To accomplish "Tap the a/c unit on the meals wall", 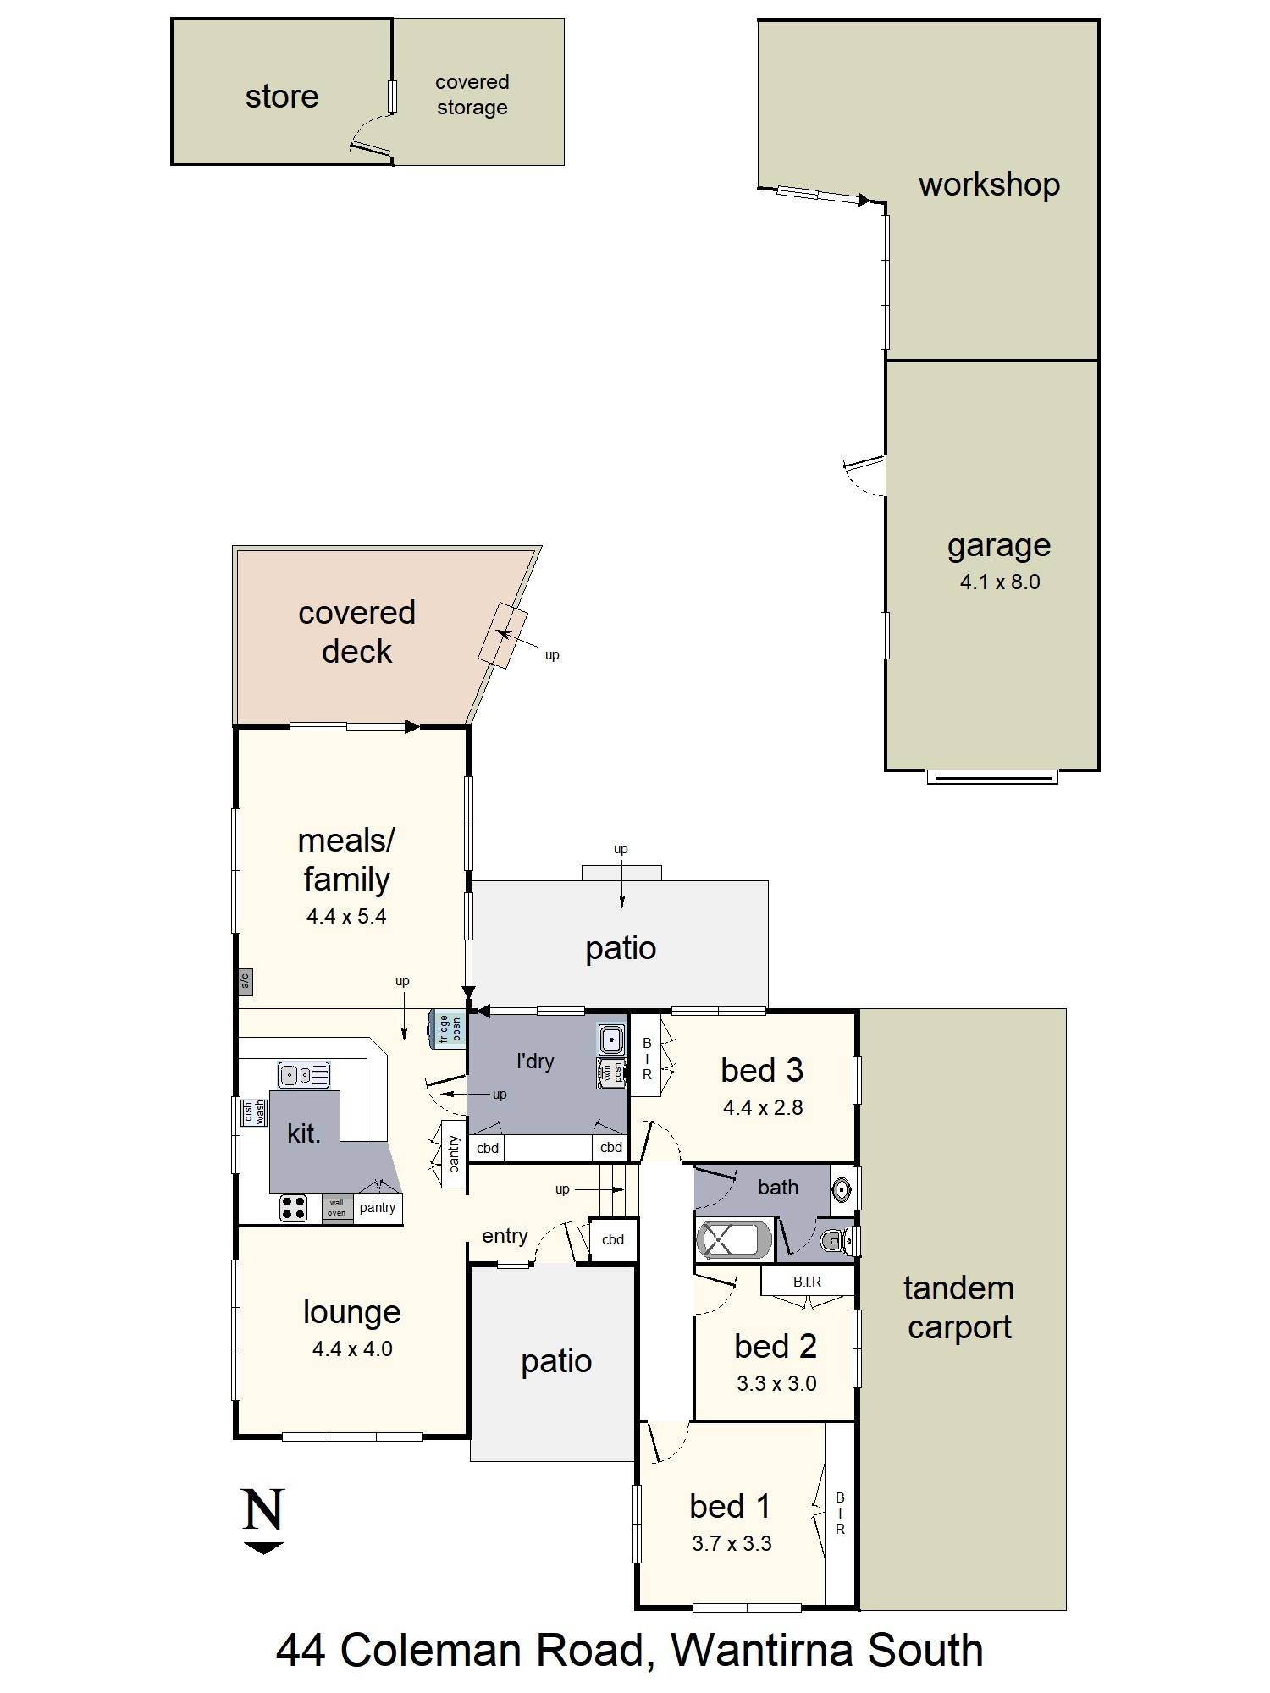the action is tap(246, 981).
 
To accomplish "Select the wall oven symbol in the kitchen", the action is tap(337, 1208).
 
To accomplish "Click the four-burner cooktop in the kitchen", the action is tap(294, 1208).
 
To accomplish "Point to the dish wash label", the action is tap(253, 1111).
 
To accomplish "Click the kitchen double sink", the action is tap(304, 1075).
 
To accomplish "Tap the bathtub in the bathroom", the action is tap(734, 1241).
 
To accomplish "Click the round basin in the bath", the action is tap(841, 1188).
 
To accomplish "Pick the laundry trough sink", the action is tap(610, 1038).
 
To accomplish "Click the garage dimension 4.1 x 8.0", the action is tap(1000, 582).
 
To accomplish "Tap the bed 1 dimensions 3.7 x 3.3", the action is tap(732, 1544).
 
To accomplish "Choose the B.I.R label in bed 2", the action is tap(807, 1282).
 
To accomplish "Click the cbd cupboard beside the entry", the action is tap(612, 1240).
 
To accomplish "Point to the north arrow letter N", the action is tap(262, 1509).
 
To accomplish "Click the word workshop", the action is tap(989, 185).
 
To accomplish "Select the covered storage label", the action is tap(472, 95).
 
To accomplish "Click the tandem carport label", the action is tap(959, 1308).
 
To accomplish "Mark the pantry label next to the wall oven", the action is tap(378, 1208).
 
